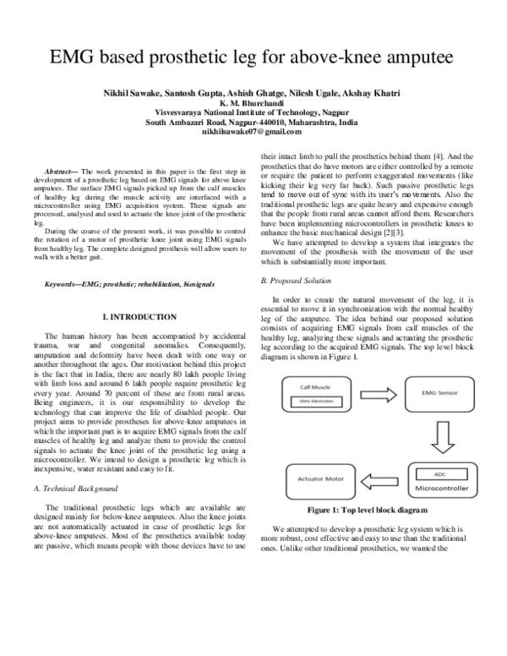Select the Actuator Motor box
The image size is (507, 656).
click(x=318, y=479)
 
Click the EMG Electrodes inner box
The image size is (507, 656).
click(x=317, y=401)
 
